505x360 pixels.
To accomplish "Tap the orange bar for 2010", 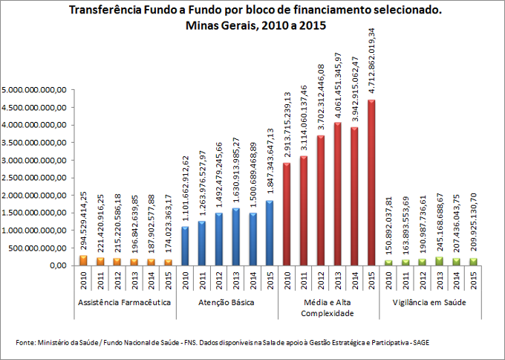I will (83, 260).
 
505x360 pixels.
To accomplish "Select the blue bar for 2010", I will (185, 245).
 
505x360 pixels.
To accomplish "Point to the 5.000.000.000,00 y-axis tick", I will (36, 89).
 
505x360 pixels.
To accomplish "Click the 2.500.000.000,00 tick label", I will (36, 178).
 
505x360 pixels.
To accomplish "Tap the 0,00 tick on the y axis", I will (57, 266).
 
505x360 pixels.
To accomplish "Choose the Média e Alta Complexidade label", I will (328, 309).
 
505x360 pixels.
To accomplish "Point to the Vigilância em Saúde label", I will (429, 303).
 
